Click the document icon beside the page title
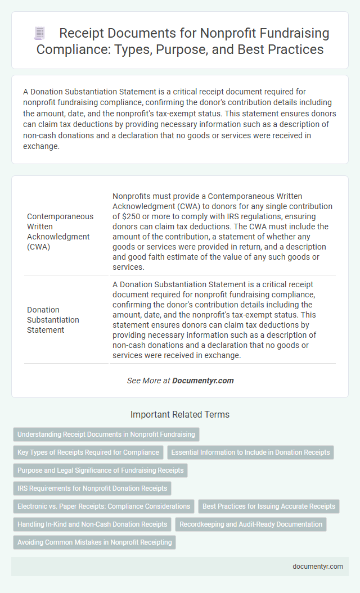coord(40,34)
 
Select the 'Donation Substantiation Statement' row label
coord(53,320)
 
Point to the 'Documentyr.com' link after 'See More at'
coord(202,381)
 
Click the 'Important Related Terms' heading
coord(180,414)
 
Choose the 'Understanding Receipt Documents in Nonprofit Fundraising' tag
coord(106,434)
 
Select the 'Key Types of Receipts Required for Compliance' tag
coord(88,452)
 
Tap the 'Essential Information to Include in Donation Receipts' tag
coord(251,452)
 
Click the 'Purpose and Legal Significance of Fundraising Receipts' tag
coord(100,470)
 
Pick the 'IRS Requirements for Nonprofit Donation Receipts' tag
coord(91,488)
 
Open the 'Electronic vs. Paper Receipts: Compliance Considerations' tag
coord(103,506)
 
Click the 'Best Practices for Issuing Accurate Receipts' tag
coord(269,506)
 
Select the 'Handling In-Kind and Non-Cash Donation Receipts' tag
coord(92,524)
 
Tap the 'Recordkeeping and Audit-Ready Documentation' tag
coord(251,524)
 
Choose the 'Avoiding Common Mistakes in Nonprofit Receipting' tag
coord(94,542)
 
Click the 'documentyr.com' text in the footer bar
coord(318,566)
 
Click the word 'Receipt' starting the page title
coord(79,34)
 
